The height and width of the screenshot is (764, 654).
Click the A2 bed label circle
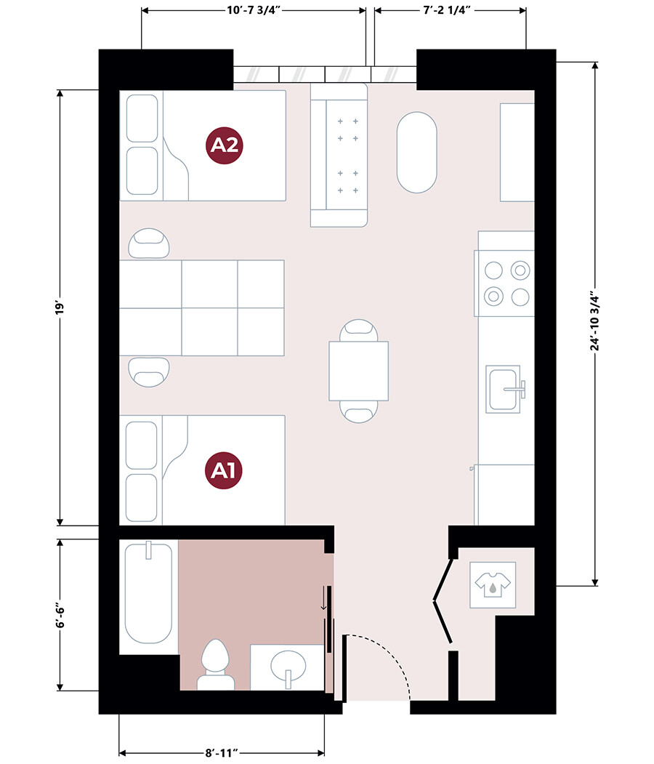coord(224,145)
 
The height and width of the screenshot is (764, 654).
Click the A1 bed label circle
coord(224,471)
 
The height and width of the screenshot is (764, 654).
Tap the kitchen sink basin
coord(504,390)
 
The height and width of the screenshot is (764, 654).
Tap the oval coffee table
coord(416,152)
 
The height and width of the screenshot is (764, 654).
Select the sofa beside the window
coord(339,154)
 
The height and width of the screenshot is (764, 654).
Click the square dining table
coord(358,371)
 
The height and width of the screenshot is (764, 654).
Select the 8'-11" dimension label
coord(221,752)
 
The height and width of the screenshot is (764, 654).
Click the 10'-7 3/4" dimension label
coord(254,11)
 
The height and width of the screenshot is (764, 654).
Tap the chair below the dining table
coord(359,412)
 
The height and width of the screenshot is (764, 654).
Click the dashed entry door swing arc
coord(392,654)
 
